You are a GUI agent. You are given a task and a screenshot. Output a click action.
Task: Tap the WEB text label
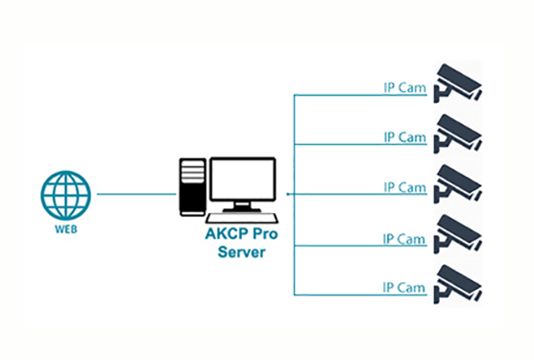[65, 231]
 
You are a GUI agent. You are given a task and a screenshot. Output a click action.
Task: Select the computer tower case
[192, 187]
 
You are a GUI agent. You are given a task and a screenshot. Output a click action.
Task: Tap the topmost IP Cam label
[403, 87]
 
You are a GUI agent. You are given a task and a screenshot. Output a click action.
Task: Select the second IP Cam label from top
[403, 137]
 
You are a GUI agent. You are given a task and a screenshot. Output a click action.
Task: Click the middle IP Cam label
[403, 186]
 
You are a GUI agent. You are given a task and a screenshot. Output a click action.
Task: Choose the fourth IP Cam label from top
[403, 237]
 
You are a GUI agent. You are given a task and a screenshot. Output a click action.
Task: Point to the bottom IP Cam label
[403, 286]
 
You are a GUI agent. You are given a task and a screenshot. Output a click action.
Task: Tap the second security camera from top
[456, 132]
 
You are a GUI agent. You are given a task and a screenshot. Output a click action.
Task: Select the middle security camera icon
[456, 182]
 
